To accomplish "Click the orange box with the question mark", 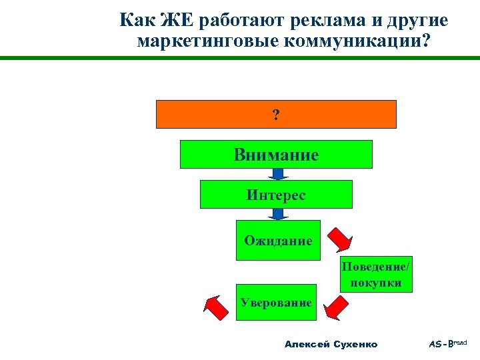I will [276, 114].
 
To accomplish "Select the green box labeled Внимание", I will [276, 155].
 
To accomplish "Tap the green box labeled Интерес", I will [276, 195].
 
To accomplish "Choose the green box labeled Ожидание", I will [278, 240].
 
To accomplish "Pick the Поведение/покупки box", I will [377, 274].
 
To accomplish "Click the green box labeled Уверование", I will [276, 302].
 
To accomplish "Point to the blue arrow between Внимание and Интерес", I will [277, 175].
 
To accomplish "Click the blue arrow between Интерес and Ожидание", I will [277, 215].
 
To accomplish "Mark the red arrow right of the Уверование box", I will [336, 307].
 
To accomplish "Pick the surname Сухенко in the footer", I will [354, 344].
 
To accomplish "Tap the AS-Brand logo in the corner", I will [449, 343].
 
